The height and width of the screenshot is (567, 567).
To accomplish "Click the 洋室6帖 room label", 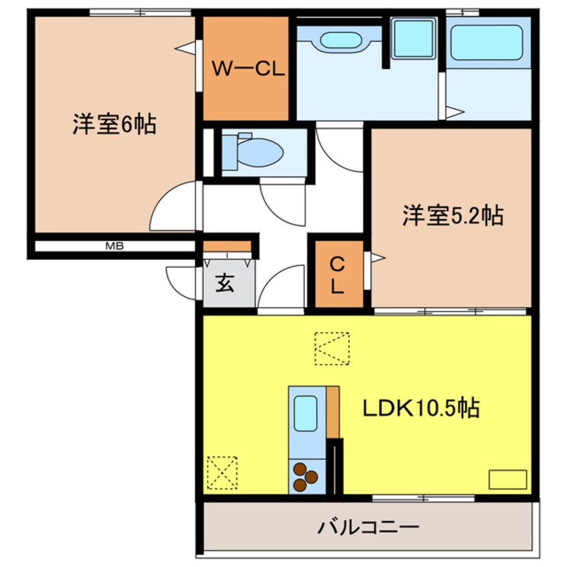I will point(114,125).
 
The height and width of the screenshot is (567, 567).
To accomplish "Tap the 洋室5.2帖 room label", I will point(452,215).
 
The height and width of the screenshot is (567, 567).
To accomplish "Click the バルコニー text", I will point(369,527).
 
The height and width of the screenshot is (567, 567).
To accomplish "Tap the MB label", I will point(114,246).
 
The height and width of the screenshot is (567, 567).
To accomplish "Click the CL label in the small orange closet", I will point(337,276).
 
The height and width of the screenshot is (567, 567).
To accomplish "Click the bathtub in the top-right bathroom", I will point(486,42).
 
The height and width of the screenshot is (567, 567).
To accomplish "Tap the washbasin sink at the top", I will point(341,40).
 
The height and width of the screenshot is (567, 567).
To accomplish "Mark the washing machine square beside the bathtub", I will point(412,38).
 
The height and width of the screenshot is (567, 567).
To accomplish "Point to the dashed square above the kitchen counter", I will point(332,349).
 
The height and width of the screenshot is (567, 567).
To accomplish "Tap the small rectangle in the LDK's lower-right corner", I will point(507,480).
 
